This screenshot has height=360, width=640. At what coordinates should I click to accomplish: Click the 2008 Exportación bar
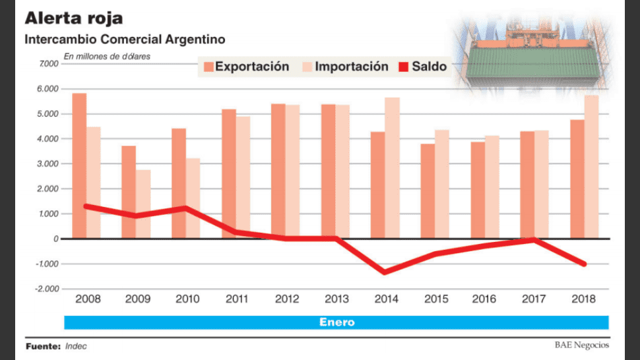pyautogui.click(x=79, y=165)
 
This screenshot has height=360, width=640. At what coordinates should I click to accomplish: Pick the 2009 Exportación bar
pyautogui.click(x=129, y=191)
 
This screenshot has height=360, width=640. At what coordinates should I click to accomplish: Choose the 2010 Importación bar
pyautogui.click(x=193, y=198)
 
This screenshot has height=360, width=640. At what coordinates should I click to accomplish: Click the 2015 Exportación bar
pyautogui.click(x=428, y=191)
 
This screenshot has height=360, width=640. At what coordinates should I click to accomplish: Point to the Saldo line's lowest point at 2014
pyautogui.click(x=385, y=272)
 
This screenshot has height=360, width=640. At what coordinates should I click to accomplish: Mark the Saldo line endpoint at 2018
pyautogui.click(x=583, y=264)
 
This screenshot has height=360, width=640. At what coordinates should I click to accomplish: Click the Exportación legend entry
pyautogui.click(x=246, y=67)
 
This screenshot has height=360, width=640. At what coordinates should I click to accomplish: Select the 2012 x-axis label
pyautogui.click(x=286, y=299)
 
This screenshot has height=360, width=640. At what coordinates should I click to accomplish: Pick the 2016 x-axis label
pyautogui.click(x=485, y=299)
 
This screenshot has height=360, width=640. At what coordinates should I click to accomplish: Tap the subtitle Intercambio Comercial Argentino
pyautogui.click(x=125, y=40)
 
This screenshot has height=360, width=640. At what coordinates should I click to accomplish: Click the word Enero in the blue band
pyautogui.click(x=336, y=322)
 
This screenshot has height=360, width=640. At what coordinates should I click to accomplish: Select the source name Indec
pyautogui.click(x=76, y=346)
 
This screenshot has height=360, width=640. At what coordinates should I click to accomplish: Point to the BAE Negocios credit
pyautogui.click(x=581, y=345)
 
